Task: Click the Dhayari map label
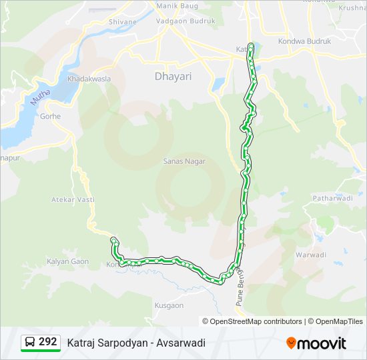(x=173, y=77)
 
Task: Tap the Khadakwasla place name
(x=89, y=79)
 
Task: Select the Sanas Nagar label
(x=184, y=161)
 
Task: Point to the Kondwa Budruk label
(x=309, y=41)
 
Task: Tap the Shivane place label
(x=123, y=22)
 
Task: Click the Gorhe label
(x=50, y=116)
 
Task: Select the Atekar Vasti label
(x=73, y=199)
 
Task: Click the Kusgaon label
(x=169, y=305)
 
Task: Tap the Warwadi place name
(x=310, y=255)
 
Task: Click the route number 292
(x=47, y=342)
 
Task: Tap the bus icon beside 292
(x=30, y=343)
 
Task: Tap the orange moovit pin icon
(x=292, y=343)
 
